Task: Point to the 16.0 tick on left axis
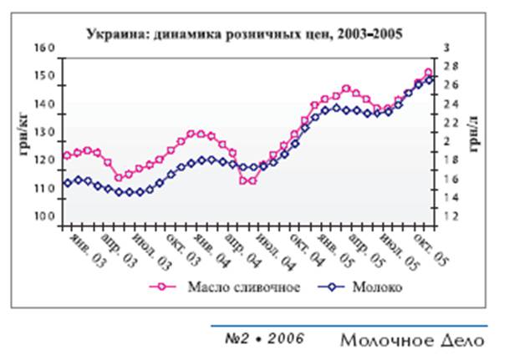43,48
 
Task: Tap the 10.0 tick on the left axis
43,217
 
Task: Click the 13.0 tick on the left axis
43,133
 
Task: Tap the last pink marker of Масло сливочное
429,73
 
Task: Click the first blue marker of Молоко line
68,183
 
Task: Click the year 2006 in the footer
286,339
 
